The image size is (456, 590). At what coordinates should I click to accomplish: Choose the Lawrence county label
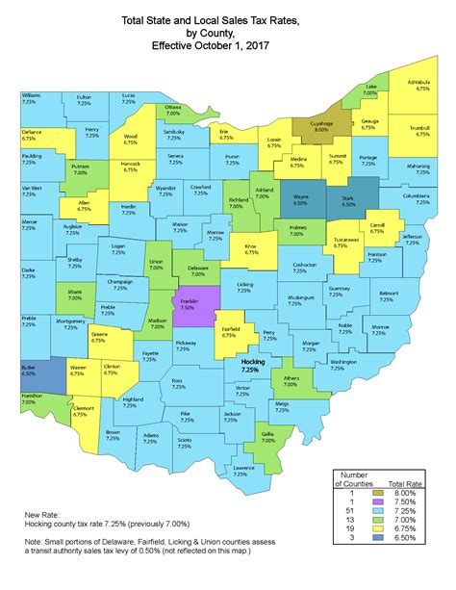(x=243, y=471)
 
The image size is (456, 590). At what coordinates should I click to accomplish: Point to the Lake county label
(x=370, y=90)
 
